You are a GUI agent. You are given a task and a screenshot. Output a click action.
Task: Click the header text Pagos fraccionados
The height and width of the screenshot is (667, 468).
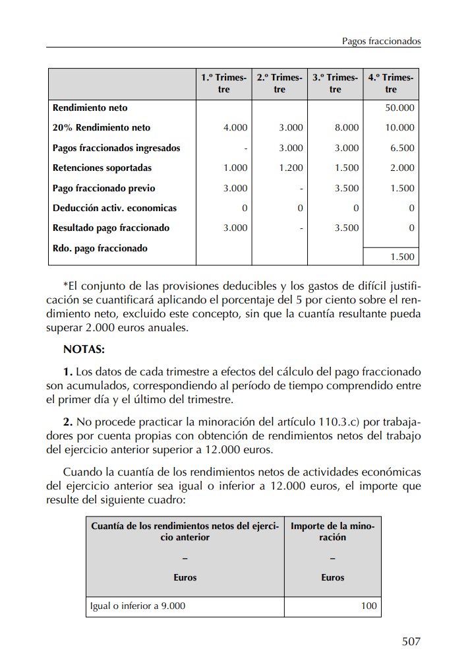click(381, 41)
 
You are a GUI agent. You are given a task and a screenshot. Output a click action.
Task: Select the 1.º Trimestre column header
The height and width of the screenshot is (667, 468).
click(223, 84)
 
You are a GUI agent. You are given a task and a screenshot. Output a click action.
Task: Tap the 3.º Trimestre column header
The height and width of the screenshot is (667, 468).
click(335, 84)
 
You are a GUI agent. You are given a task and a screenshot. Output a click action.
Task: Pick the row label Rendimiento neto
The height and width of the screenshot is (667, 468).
click(90, 108)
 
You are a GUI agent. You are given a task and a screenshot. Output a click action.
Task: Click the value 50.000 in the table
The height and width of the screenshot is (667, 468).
click(400, 108)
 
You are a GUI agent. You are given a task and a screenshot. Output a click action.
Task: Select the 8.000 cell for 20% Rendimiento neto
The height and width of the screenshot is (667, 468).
click(347, 128)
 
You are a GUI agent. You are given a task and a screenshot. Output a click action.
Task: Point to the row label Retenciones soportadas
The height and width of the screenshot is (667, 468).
click(102, 168)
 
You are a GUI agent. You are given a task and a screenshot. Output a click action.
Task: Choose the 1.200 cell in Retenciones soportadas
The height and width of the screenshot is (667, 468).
click(291, 168)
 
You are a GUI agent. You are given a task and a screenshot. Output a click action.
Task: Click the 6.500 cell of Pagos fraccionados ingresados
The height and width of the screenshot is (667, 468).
click(402, 148)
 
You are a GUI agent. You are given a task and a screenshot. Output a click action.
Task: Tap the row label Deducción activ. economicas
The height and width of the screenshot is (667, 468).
click(115, 208)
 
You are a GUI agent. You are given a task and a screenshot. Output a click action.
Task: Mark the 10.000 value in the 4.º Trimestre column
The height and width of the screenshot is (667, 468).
click(400, 128)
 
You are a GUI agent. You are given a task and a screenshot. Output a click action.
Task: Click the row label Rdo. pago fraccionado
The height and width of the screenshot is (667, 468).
click(100, 249)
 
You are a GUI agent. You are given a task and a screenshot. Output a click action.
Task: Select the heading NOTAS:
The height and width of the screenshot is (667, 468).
click(84, 348)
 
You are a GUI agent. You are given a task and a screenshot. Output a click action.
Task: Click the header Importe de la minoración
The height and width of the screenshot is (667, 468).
click(333, 532)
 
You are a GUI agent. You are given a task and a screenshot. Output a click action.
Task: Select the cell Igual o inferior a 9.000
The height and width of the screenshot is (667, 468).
click(137, 606)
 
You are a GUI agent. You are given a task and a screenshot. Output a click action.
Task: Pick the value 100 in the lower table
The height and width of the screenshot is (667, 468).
click(369, 606)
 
